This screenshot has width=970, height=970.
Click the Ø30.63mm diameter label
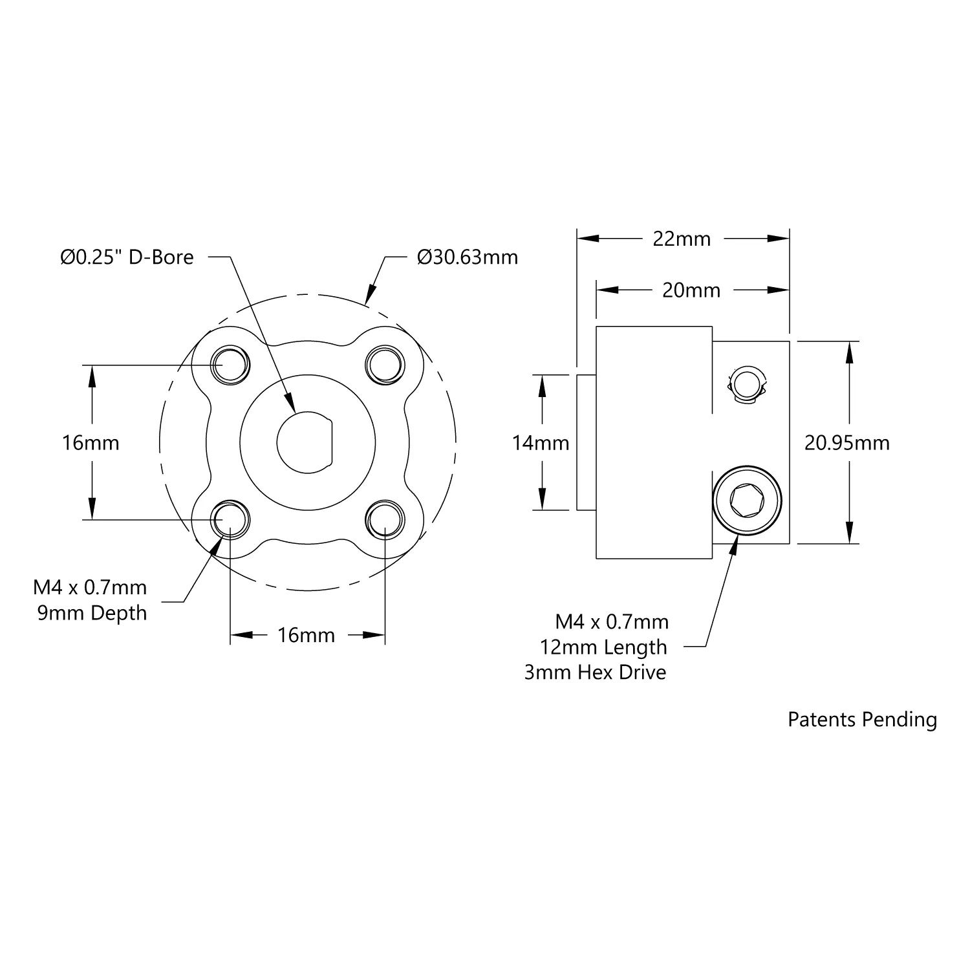coord(468,257)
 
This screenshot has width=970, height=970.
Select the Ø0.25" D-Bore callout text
coord(127,257)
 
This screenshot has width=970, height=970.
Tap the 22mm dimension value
coord(682,239)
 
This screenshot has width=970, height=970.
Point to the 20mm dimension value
coord(691,290)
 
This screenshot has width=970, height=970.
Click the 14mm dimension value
coord(541,443)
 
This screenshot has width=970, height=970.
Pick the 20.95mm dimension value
coord(847,443)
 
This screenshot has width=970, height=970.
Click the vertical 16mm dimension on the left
coord(91,443)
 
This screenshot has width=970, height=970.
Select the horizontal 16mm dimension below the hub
coord(307,635)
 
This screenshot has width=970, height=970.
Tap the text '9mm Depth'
coord(92,612)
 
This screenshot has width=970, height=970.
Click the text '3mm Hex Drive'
coord(595,673)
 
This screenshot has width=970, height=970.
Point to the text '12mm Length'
coord(603,647)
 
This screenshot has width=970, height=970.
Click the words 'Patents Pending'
coord(862,719)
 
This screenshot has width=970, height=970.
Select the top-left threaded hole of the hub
coord(231,365)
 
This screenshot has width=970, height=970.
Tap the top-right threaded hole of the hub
coord(385,365)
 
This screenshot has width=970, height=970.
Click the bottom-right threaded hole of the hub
coord(385,519)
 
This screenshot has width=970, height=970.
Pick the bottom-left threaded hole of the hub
coord(231,519)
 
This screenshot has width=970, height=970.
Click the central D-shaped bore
coord(305,442)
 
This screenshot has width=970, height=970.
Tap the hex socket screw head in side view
coord(747,500)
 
